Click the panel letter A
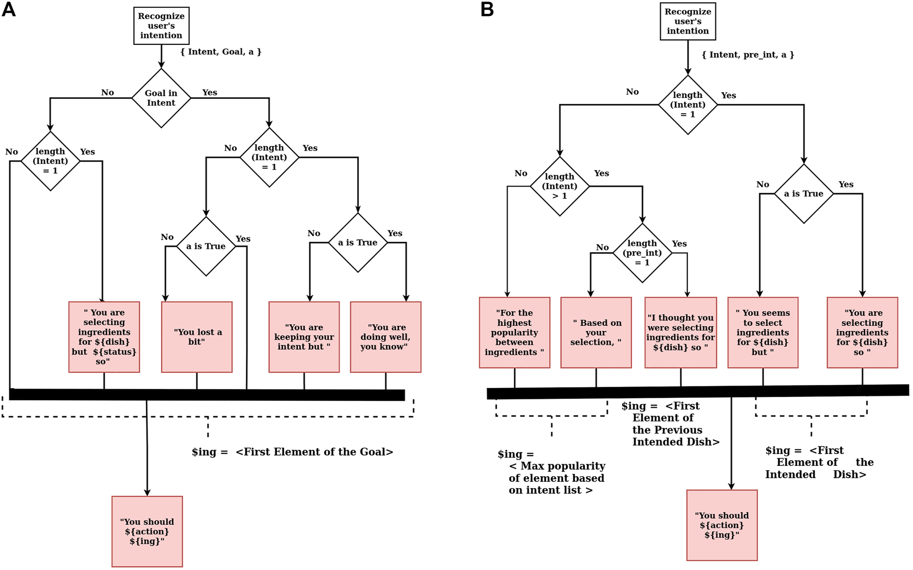click(9, 10)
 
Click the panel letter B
click(487, 10)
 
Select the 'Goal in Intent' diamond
click(161, 98)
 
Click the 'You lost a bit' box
click(197, 337)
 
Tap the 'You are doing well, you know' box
click(385, 337)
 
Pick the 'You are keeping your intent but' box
click(304, 337)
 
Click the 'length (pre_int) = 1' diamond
click(642, 253)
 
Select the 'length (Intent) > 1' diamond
click(560, 186)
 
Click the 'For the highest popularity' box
click(514, 332)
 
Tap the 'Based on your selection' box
click(596, 332)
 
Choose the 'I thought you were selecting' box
click(681, 332)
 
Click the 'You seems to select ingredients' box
click(763, 332)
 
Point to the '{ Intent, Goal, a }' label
click(221, 52)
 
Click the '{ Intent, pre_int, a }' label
click(748, 55)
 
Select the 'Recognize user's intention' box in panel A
click(161, 26)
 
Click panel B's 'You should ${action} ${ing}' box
click(722, 525)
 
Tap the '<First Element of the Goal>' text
click(314, 452)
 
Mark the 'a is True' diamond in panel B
click(804, 194)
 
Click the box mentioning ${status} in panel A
click(104, 337)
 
